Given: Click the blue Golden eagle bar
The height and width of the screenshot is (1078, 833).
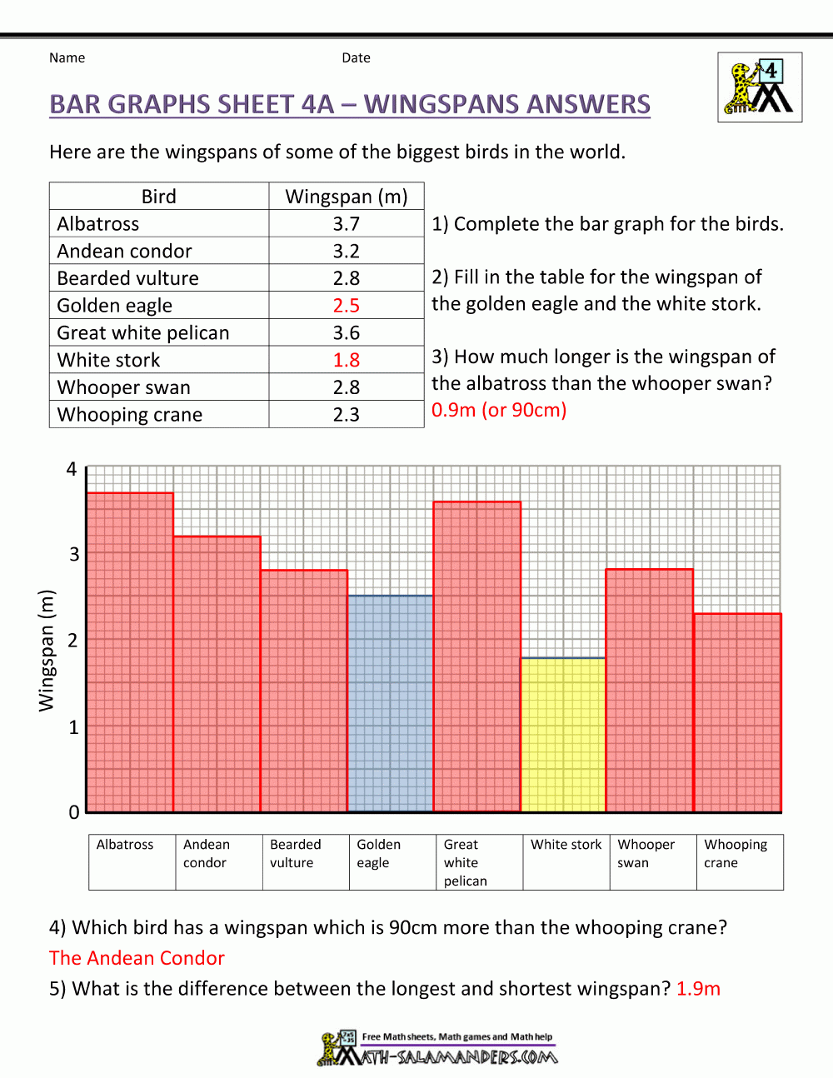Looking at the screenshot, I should (x=390, y=704).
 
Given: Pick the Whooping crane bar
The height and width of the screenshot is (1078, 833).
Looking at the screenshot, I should (x=737, y=712).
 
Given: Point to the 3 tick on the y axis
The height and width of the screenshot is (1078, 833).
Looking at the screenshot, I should (x=74, y=555).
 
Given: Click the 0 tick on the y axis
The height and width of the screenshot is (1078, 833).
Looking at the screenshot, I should (x=74, y=812).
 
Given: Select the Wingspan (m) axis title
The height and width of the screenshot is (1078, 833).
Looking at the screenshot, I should (x=46, y=651).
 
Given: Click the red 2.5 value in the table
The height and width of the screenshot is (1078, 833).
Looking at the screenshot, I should (x=346, y=306).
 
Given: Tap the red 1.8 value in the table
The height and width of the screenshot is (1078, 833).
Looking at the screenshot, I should (x=346, y=360).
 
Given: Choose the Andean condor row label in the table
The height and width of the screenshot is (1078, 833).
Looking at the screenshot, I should (x=124, y=251).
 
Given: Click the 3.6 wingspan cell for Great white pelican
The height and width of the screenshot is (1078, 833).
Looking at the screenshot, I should (x=346, y=333).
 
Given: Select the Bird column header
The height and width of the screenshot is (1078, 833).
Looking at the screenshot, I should (x=158, y=197).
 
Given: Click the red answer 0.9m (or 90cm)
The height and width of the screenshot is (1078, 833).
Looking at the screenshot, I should (x=498, y=410).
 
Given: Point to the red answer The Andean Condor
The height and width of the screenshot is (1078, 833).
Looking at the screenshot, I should (x=137, y=958).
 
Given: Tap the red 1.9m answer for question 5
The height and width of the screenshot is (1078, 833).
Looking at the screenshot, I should (x=698, y=989).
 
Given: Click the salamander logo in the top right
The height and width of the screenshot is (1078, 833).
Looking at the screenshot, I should (x=760, y=87).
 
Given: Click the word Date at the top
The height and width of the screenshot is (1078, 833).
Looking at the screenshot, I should (x=356, y=57).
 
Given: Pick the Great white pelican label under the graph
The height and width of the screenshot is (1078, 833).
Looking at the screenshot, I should (x=465, y=862).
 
